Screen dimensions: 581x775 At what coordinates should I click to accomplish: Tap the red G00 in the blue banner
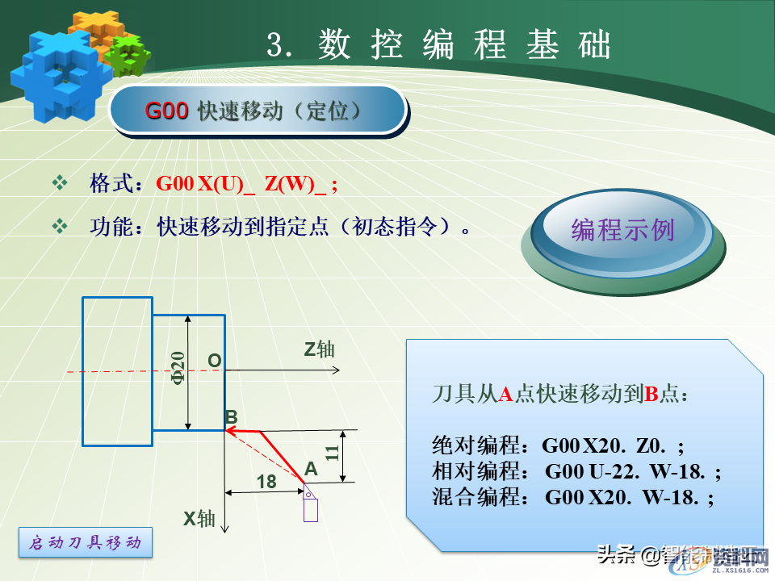click(x=167, y=111)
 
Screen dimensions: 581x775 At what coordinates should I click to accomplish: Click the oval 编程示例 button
click(x=622, y=230)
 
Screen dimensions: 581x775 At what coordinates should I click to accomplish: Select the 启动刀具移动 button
click(x=85, y=543)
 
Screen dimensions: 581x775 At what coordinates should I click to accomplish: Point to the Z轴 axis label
click(x=319, y=349)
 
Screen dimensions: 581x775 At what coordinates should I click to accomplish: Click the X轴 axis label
click(x=199, y=518)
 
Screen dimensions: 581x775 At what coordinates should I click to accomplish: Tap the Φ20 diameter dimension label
click(x=178, y=369)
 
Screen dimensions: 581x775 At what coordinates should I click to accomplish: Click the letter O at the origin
click(x=214, y=361)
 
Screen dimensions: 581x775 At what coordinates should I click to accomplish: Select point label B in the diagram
click(x=231, y=417)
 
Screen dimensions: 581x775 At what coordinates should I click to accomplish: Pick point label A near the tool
click(x=311, y=468)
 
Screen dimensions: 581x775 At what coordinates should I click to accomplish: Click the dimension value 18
click(x=266, y=482)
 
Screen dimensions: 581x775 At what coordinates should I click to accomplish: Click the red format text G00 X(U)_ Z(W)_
click(x=247, y=184)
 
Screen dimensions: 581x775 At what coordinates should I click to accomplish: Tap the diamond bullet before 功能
click(x=60, y=227)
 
